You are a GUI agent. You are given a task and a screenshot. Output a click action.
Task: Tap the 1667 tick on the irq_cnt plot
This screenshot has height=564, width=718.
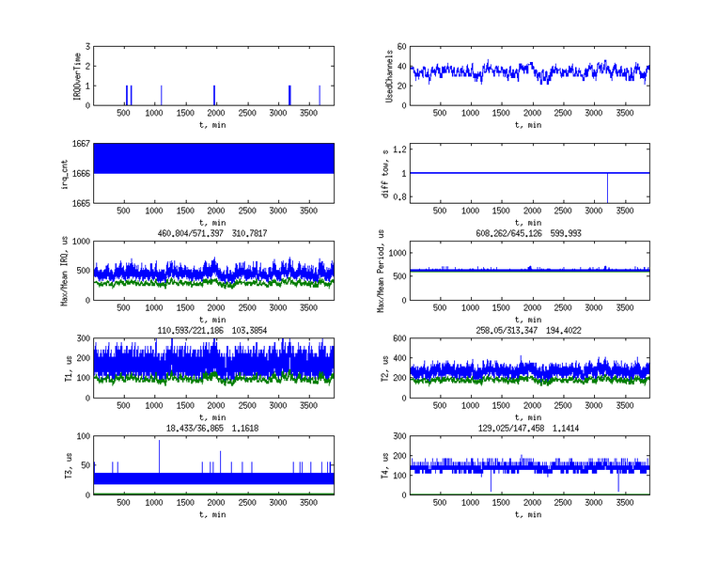tap(80, 144)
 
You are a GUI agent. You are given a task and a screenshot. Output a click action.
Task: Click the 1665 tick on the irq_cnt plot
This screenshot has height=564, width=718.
tap(80, 202)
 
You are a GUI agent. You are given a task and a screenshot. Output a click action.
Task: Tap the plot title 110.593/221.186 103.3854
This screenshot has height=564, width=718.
tap(211, 331)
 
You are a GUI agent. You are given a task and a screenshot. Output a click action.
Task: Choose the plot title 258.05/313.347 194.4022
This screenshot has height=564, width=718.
tap(528, 331)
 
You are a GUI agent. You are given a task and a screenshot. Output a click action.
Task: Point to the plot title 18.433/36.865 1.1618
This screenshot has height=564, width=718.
tap(211, 428)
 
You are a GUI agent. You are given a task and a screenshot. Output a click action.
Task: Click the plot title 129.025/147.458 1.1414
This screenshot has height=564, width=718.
tap(528, 428)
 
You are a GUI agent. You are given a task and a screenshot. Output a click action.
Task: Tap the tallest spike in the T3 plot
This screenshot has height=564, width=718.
tap(160, 444)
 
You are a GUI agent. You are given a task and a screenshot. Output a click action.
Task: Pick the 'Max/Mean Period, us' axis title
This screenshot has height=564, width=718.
tap(382, 271)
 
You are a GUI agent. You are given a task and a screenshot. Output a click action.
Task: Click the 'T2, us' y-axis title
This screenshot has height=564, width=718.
tap(385, 368)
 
